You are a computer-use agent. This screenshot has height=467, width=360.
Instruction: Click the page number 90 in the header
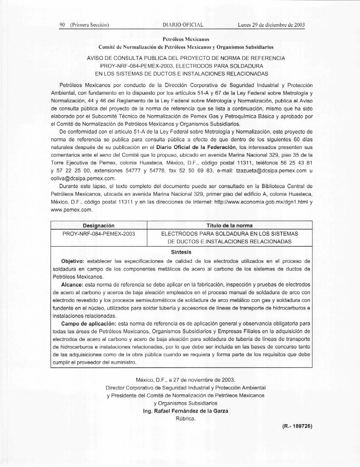(62, 25)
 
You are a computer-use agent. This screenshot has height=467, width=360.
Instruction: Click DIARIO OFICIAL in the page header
(183, 25)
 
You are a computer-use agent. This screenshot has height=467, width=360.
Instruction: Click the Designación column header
(98, 225)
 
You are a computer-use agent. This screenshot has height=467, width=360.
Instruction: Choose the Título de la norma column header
(229, 225)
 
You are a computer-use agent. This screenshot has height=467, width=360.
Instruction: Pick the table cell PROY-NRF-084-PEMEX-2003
(98, 233)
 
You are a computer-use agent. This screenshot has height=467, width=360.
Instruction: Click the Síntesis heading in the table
(182, 252)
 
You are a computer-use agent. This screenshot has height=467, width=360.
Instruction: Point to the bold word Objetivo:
(73, 260)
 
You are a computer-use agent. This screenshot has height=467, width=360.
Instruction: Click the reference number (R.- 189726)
(297, 426)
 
